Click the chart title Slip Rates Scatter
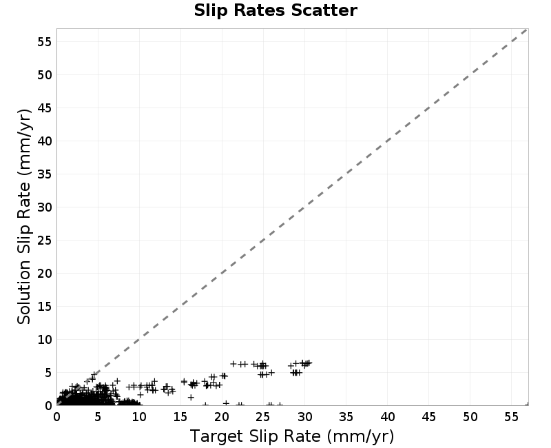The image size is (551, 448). pos(275,10)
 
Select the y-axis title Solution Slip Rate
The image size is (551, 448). pos(24,216)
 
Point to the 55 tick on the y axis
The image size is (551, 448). pos(45,42)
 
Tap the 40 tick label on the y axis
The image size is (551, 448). pos(45,141)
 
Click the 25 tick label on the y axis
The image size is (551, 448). pos(45,241)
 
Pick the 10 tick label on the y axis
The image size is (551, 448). pos(45,340)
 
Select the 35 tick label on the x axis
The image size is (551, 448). pos(346,417)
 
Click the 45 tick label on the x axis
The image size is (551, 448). pos(428,417)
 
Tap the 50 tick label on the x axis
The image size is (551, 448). pos(470,417)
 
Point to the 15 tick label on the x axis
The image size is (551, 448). pos(180,417)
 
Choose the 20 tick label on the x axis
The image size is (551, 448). pos(222,417)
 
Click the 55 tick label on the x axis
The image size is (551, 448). pos(511,417)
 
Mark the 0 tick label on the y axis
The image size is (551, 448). pos(48,406)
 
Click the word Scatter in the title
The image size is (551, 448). pos(324,10)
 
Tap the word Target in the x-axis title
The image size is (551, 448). pos(217,437)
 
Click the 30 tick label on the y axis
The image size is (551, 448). pos(45,207)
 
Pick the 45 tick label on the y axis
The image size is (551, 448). pos(45,108)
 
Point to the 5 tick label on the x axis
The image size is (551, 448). pos(98,417)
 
